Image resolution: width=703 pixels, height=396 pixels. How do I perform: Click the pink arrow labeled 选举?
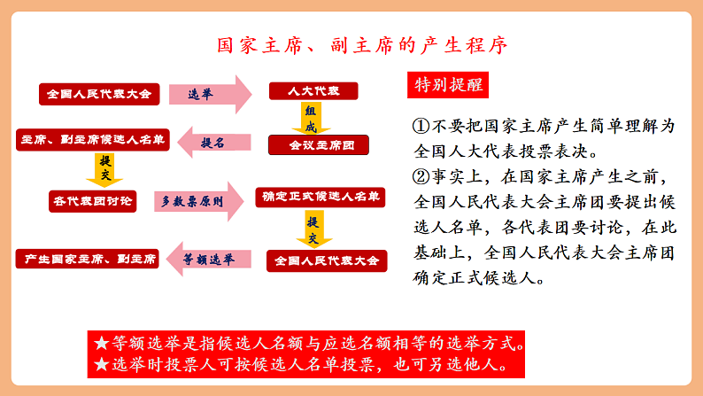(210, 94)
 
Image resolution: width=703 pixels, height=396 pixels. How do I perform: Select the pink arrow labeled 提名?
(214, 142)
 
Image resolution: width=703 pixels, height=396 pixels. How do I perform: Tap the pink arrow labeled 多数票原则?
(199, 201)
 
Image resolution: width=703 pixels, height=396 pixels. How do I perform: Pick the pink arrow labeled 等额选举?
(208, 260)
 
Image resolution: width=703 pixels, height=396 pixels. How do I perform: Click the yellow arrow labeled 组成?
(311, 119)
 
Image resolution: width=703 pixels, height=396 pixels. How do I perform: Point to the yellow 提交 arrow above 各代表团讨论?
(104, 169)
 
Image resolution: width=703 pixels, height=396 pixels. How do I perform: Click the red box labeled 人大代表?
(313, 91)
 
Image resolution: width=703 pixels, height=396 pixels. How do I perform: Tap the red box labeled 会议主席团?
(319, 145)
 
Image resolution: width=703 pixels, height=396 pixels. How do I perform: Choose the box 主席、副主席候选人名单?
(93, 140)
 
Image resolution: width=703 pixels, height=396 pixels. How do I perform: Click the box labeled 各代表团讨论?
(93, 201)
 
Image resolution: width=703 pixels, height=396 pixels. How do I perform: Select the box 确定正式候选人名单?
(321, 198)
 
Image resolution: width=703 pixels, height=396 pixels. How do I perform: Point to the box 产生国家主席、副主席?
(88, 259)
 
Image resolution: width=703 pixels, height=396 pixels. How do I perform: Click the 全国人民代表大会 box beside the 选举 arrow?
(99, 94)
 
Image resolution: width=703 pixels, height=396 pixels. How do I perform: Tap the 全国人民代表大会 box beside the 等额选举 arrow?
(327, 261)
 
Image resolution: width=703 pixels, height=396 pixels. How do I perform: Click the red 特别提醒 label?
(448, 85)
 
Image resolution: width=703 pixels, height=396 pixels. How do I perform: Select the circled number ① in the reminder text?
(421, 126)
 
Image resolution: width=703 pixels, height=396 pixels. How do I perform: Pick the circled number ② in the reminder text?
(421, 176)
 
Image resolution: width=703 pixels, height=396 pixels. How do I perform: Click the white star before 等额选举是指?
(102, 343)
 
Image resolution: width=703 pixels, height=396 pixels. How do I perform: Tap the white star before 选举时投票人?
(102, 364)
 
